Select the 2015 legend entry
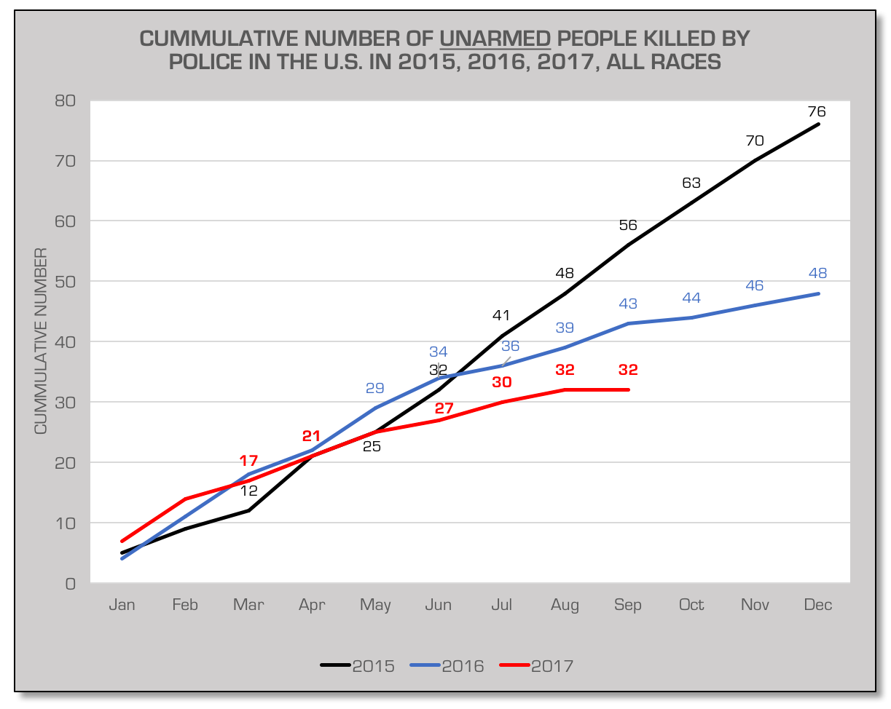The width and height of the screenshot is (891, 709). point(358,665)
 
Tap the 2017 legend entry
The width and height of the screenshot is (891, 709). point(537,665)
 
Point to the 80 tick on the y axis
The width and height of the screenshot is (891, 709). point(66,100)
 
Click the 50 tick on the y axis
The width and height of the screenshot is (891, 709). point(66,282)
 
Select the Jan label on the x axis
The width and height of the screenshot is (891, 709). point(122,605)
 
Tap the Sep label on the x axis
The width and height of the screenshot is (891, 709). point(628,605)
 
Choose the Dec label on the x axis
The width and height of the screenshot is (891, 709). point(817,605)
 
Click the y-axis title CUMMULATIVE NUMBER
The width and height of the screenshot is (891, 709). point(41,341)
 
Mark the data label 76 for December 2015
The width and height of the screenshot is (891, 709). point(817,111)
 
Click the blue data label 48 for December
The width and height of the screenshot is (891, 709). point(817,274)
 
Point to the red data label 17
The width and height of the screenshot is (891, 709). point(248,461)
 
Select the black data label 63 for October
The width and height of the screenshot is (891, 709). point(691,182)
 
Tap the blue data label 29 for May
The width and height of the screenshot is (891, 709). point(374,388)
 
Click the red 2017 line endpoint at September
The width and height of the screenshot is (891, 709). point(628,390)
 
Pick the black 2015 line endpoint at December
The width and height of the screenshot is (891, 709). point(818,124)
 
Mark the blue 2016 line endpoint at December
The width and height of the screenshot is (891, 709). point(818,293)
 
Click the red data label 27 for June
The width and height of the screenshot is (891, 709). point(444,408)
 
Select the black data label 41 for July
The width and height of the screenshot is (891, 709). point(501,315)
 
